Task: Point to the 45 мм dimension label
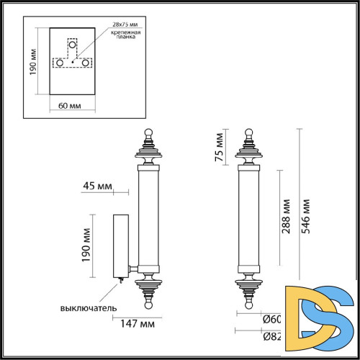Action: click(x=99, y=187)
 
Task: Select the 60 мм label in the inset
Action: click(x=69, y=106)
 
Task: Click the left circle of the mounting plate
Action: click(x=58, y=63)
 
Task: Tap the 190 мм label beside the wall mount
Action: click(x=86, y=246)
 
